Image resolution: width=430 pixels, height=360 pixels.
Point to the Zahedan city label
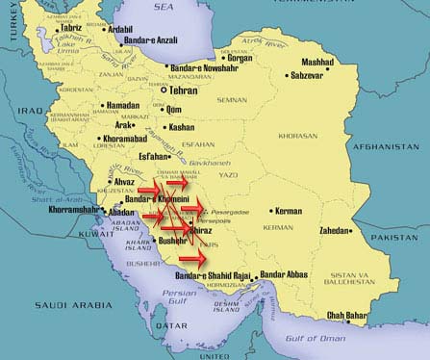[x=341, y=231]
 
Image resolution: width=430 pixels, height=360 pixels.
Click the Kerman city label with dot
[x=289, y=211]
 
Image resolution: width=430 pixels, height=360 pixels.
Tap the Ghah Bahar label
[x=376, y=315]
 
